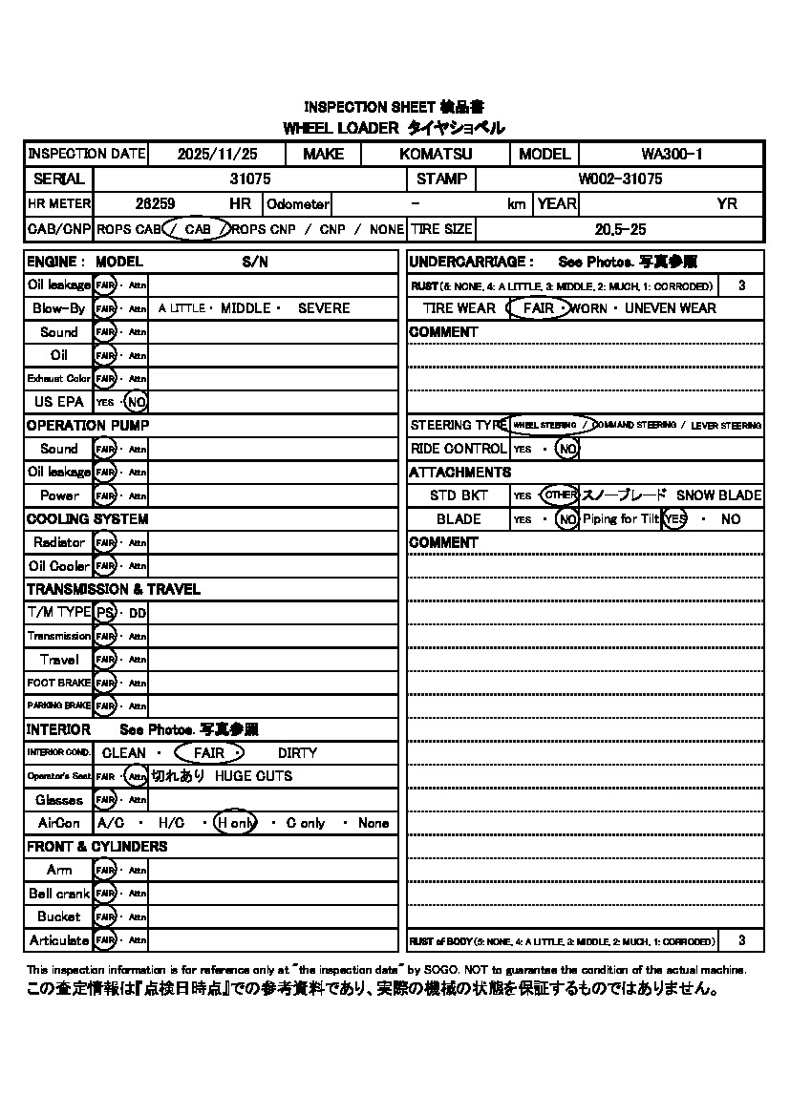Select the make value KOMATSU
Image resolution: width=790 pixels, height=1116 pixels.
(436, 154)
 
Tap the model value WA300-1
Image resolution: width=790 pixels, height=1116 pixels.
(672, 154)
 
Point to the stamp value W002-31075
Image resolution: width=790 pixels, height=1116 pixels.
(620, 179)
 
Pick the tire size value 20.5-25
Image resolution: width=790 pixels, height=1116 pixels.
(620, 229)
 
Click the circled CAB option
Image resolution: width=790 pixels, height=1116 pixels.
(198, 229)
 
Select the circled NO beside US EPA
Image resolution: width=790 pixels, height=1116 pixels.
(137, 402)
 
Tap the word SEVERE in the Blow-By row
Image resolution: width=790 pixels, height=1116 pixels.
(324, 308)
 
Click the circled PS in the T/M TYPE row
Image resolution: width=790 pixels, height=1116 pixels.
(105, 612)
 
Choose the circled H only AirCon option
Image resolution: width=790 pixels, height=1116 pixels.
(235, 823)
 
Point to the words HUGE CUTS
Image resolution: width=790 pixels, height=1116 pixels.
(253, 776)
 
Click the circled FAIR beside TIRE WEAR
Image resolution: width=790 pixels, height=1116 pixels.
(539, 308)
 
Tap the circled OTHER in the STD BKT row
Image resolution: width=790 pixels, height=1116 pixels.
(560, 495)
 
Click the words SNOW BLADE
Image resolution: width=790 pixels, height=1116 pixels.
(718, 495)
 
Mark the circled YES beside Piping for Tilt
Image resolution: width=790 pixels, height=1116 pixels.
(675, 519)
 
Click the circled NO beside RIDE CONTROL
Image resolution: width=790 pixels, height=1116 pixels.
(567, 449)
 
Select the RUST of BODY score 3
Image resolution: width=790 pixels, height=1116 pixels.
(742, 940)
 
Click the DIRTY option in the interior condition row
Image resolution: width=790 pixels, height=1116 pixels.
(297, 753)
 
